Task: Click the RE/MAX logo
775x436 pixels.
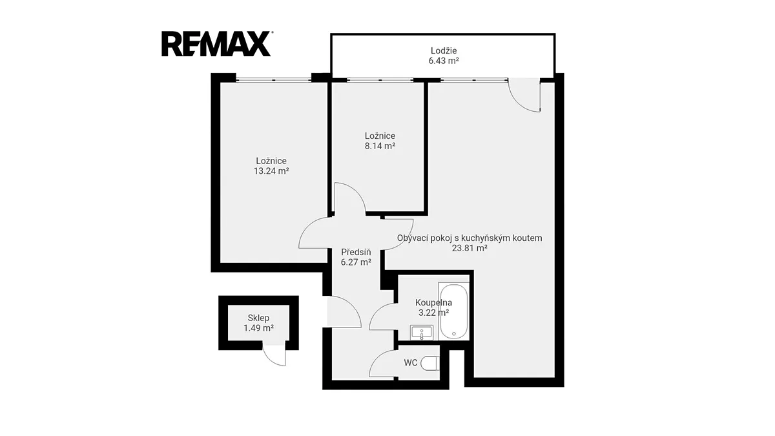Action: [x=217, y=44]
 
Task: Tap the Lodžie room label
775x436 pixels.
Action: [x=444, y=50]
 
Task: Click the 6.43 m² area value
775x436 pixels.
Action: [x=444, y=61]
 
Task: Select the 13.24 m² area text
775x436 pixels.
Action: [x=271, y=171]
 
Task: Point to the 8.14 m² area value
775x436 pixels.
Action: [x=380, y=146]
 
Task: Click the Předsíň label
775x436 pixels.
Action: [x=356, y=252]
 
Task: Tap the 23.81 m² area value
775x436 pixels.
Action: [x=470, y=248]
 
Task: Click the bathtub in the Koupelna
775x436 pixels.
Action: [x=453, y=311]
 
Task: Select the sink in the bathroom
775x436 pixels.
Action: [x=421, y=333]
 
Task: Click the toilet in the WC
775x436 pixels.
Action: [x=430, y=363]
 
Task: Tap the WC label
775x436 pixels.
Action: [x=411, y=363]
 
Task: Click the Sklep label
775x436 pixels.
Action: [x=258, y=318]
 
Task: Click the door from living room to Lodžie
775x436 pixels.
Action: [x=524, y=95]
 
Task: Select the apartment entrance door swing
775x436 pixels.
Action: [x=344, y=312]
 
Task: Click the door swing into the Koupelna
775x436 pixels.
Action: [x=384, y=317]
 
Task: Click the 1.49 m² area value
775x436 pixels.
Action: [x=258, y=328]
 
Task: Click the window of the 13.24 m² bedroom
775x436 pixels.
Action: [x=274, y=80]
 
